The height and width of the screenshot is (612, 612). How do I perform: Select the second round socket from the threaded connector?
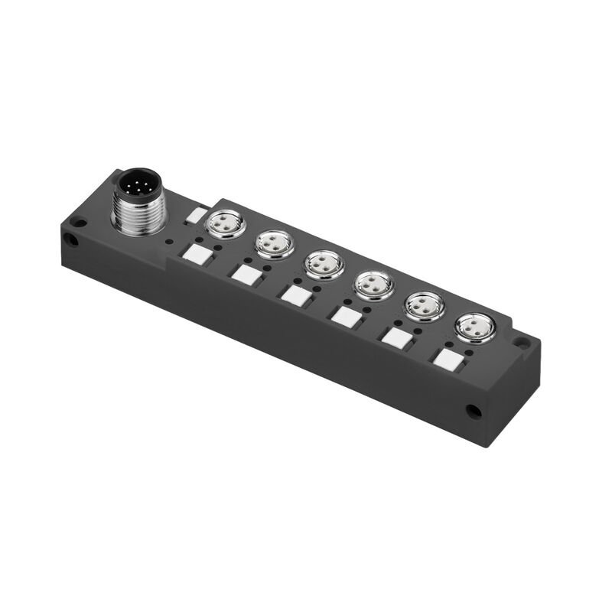pos(274,245)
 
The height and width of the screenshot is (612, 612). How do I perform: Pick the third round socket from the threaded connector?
pos(323,265)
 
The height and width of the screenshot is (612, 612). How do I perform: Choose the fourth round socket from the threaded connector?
pos(373,286)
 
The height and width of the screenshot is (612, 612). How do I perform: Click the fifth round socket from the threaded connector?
pos(423,306)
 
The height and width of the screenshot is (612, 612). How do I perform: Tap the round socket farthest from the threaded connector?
pos(474,327)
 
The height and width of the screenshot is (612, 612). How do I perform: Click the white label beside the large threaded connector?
pos(197,216)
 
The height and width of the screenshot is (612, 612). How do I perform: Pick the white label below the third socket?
pos(295,293)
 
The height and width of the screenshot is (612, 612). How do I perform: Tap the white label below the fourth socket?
pos(345,314)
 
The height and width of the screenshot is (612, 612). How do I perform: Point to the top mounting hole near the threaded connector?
pos(77,223)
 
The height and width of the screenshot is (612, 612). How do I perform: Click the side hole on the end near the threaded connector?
pos(70,239)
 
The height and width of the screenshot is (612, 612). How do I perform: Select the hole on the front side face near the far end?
pos(474,412)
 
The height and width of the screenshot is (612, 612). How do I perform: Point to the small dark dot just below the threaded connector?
pos(168,240)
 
